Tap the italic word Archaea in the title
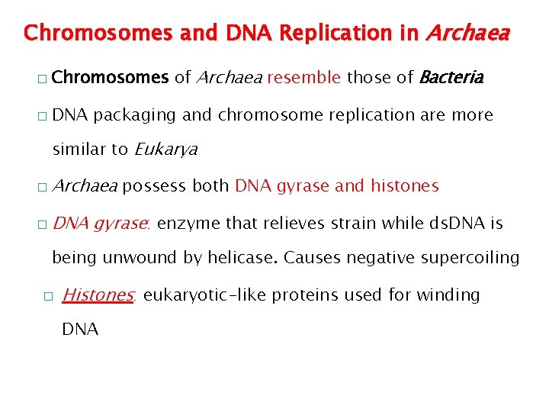point(466,34)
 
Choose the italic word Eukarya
point(165,150)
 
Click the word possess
point(155,186)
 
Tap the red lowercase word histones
point(404,186)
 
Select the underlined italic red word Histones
point(98,295)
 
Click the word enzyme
point(186,223)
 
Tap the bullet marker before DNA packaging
point(40,117)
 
